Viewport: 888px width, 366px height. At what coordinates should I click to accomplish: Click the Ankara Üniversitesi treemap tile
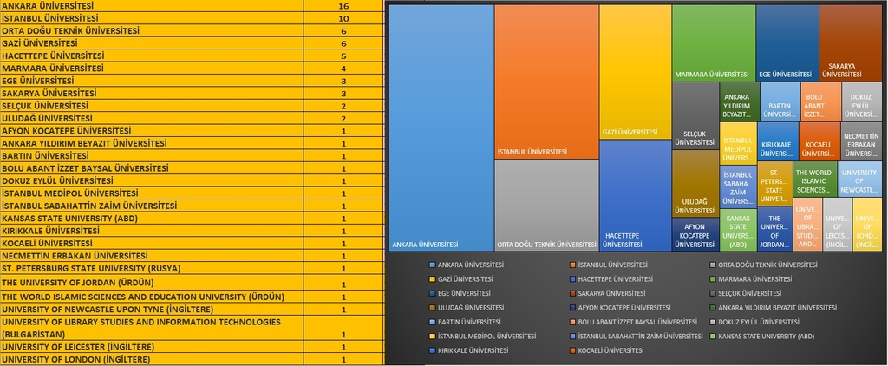click(x=441, y=127)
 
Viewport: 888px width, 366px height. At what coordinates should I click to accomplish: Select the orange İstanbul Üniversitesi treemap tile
click(x=546, y=82)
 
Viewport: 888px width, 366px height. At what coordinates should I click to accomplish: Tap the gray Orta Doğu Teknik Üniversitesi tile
click(x=546, y=205)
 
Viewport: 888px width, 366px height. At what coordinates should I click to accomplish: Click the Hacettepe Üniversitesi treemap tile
click(x=636, y=195)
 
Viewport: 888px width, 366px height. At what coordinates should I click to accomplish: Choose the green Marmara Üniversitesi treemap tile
click(x=712, y=42)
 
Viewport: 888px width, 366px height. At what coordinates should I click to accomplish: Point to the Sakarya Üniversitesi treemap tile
click(x=850, y=42)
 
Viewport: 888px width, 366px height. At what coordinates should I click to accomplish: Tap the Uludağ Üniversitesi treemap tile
click(x=695, y=183)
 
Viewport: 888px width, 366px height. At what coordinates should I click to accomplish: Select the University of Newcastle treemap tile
click(x=859, y=179)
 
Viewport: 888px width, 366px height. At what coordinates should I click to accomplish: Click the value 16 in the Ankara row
click(x=344, y=6)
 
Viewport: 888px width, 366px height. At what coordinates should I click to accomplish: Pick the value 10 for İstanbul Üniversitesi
click(x=344, y=18)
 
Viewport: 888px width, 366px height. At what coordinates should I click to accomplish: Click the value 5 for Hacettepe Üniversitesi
click(x=344, y=56)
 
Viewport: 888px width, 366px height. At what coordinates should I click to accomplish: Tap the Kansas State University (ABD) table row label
click(x=69, y=219)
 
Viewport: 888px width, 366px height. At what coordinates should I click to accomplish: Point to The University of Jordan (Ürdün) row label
click(x=78, y=284)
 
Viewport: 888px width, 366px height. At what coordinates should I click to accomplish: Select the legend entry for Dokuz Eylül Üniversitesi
click(x=756, y=322)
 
